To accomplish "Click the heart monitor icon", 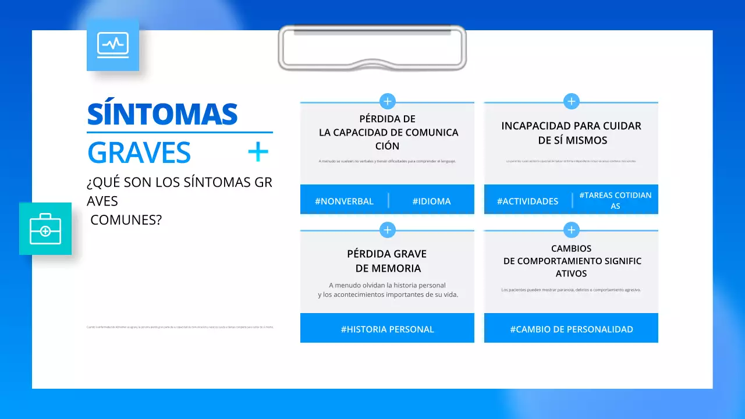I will [x=113, y=45].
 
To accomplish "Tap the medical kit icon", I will [x=45, y=229].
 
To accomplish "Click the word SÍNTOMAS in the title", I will [x=162, y=114].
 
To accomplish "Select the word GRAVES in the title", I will [x=139, y=152].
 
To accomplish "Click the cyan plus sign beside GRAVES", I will [x=258, y=152].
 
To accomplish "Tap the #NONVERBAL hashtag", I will [x=344, y=201].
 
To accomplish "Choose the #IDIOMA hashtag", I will [x=431, y=201].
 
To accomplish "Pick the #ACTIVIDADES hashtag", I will [x=527, y=201].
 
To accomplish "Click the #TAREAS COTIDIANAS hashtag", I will [x=615, y=200].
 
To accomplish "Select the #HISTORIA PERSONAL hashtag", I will [x=387, y=329].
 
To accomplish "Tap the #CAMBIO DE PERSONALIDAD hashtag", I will [x=572, y=329].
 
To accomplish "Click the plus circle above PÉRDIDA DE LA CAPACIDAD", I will [x=388, y=101].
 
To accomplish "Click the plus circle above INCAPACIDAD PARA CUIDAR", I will [x=572, y=101].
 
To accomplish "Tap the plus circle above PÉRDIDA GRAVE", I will [x=388, y=230].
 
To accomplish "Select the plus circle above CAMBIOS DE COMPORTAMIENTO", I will [x=572, y=230].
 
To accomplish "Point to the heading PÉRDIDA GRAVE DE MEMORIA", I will [x=388, y=261].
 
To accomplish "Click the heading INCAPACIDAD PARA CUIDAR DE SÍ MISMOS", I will [x=572, y=133].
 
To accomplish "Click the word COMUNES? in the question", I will [x=126, y=221].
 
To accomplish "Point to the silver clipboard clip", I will [x=372, y=48].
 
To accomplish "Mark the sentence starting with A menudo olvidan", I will [x=388, y=290].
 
